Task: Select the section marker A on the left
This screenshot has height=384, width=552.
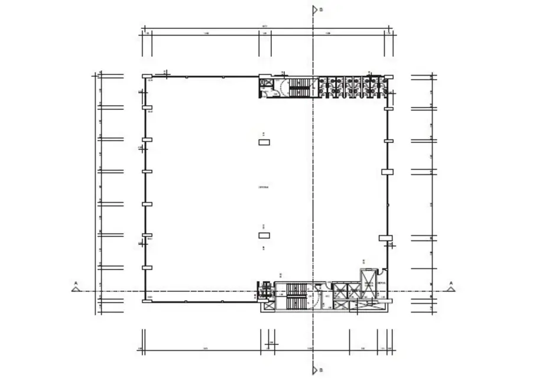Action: [75, 288]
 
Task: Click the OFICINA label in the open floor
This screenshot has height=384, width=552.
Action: [264, 187]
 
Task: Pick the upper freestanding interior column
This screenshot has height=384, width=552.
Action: [264, 141]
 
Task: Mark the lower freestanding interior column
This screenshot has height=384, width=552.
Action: [264, 235]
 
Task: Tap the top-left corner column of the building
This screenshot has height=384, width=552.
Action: [146, 76]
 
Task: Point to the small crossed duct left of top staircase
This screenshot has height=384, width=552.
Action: [265, 83]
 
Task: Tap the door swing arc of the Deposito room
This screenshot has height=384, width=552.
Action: [383, 272]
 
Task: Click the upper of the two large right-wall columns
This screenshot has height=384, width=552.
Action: [387, 172]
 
